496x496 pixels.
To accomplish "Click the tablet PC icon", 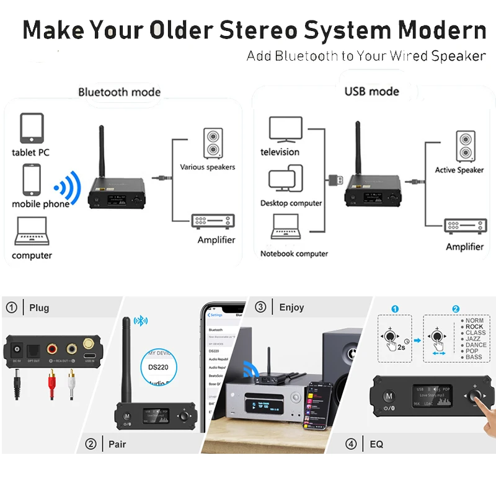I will pos(32,128).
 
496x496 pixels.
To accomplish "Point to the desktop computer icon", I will pos(285,181).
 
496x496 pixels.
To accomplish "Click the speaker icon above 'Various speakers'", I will pos(213,142).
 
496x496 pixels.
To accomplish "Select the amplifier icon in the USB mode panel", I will pos(464,226).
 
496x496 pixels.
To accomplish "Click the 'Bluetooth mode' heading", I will pos(119,92).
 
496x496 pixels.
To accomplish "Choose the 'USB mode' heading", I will pos(371,92).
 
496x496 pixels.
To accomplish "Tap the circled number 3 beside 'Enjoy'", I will pos(260,307).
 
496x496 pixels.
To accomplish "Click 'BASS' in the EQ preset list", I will pos(474,357).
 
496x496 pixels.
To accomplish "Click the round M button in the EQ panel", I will pos(389,396).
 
